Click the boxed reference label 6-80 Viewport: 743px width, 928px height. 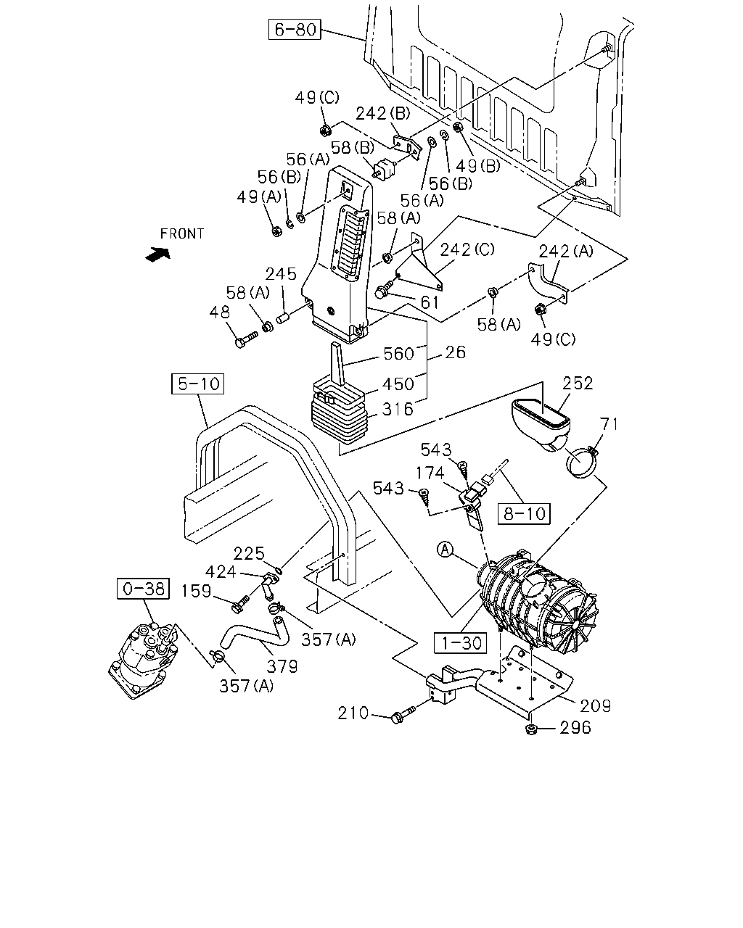295,29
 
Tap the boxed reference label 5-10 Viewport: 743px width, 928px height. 198,384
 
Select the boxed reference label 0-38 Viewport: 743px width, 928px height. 143,588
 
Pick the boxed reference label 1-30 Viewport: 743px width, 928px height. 460,643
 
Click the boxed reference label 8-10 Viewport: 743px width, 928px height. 524,513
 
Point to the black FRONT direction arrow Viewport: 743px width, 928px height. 158,254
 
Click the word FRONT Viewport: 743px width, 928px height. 181,233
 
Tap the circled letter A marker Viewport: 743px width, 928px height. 446,550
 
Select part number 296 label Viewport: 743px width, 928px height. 575,728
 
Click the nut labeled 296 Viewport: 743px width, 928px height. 531,729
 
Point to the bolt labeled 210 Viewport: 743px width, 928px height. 403,715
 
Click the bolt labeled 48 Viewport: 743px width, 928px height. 246,339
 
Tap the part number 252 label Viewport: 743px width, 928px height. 578,383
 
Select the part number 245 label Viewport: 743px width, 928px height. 281,274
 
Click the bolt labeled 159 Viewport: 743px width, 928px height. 241,604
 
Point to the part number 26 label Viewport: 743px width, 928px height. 455,352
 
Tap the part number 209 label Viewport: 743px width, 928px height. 596,706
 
